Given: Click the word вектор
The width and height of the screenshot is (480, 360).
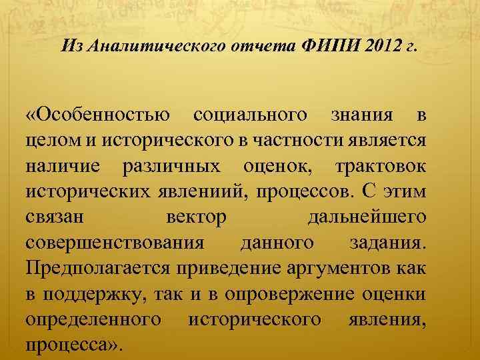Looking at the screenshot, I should click(x=195, y=219).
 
